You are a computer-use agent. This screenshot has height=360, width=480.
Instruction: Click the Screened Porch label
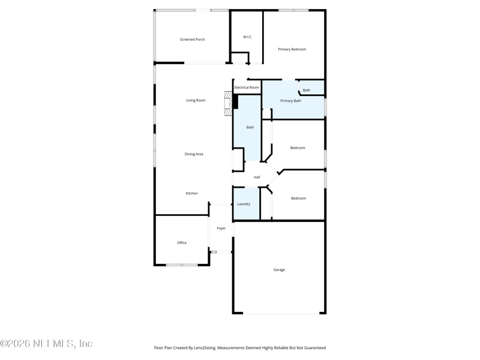pos(192,40)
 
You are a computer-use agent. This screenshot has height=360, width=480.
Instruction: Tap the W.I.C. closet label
pos(247,37)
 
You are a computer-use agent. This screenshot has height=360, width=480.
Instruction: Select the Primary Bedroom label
pos(292,49)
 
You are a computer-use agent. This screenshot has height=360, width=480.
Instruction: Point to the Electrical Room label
pos(247,88)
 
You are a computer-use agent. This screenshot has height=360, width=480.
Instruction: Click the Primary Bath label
pos(290,101)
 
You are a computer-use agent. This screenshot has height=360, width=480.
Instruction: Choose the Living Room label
pos(196,100)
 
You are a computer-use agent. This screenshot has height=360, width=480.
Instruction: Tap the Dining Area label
pos(193,154)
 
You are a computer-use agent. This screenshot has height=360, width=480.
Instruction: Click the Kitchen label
pos(191,193)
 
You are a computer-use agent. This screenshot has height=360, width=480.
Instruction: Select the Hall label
pos(257,177)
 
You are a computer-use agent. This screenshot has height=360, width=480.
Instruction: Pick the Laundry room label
pos(244,204)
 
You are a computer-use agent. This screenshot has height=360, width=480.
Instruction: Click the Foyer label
pos(221,228)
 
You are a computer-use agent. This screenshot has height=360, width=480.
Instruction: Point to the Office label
pos(182,243)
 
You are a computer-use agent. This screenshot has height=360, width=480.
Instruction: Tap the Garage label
pos(279,270)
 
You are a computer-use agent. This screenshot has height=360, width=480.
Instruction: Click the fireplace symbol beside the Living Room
pos(229,103)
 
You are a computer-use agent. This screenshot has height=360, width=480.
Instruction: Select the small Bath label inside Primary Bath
pos(307,91)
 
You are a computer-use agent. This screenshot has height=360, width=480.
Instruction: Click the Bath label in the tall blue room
pos(250,127)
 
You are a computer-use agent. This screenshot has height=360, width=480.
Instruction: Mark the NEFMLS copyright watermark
pos(46,344)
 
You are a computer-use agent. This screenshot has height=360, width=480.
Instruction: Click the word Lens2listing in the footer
pos(202,347)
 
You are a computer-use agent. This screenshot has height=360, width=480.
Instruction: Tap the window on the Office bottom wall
pos(182,265)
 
